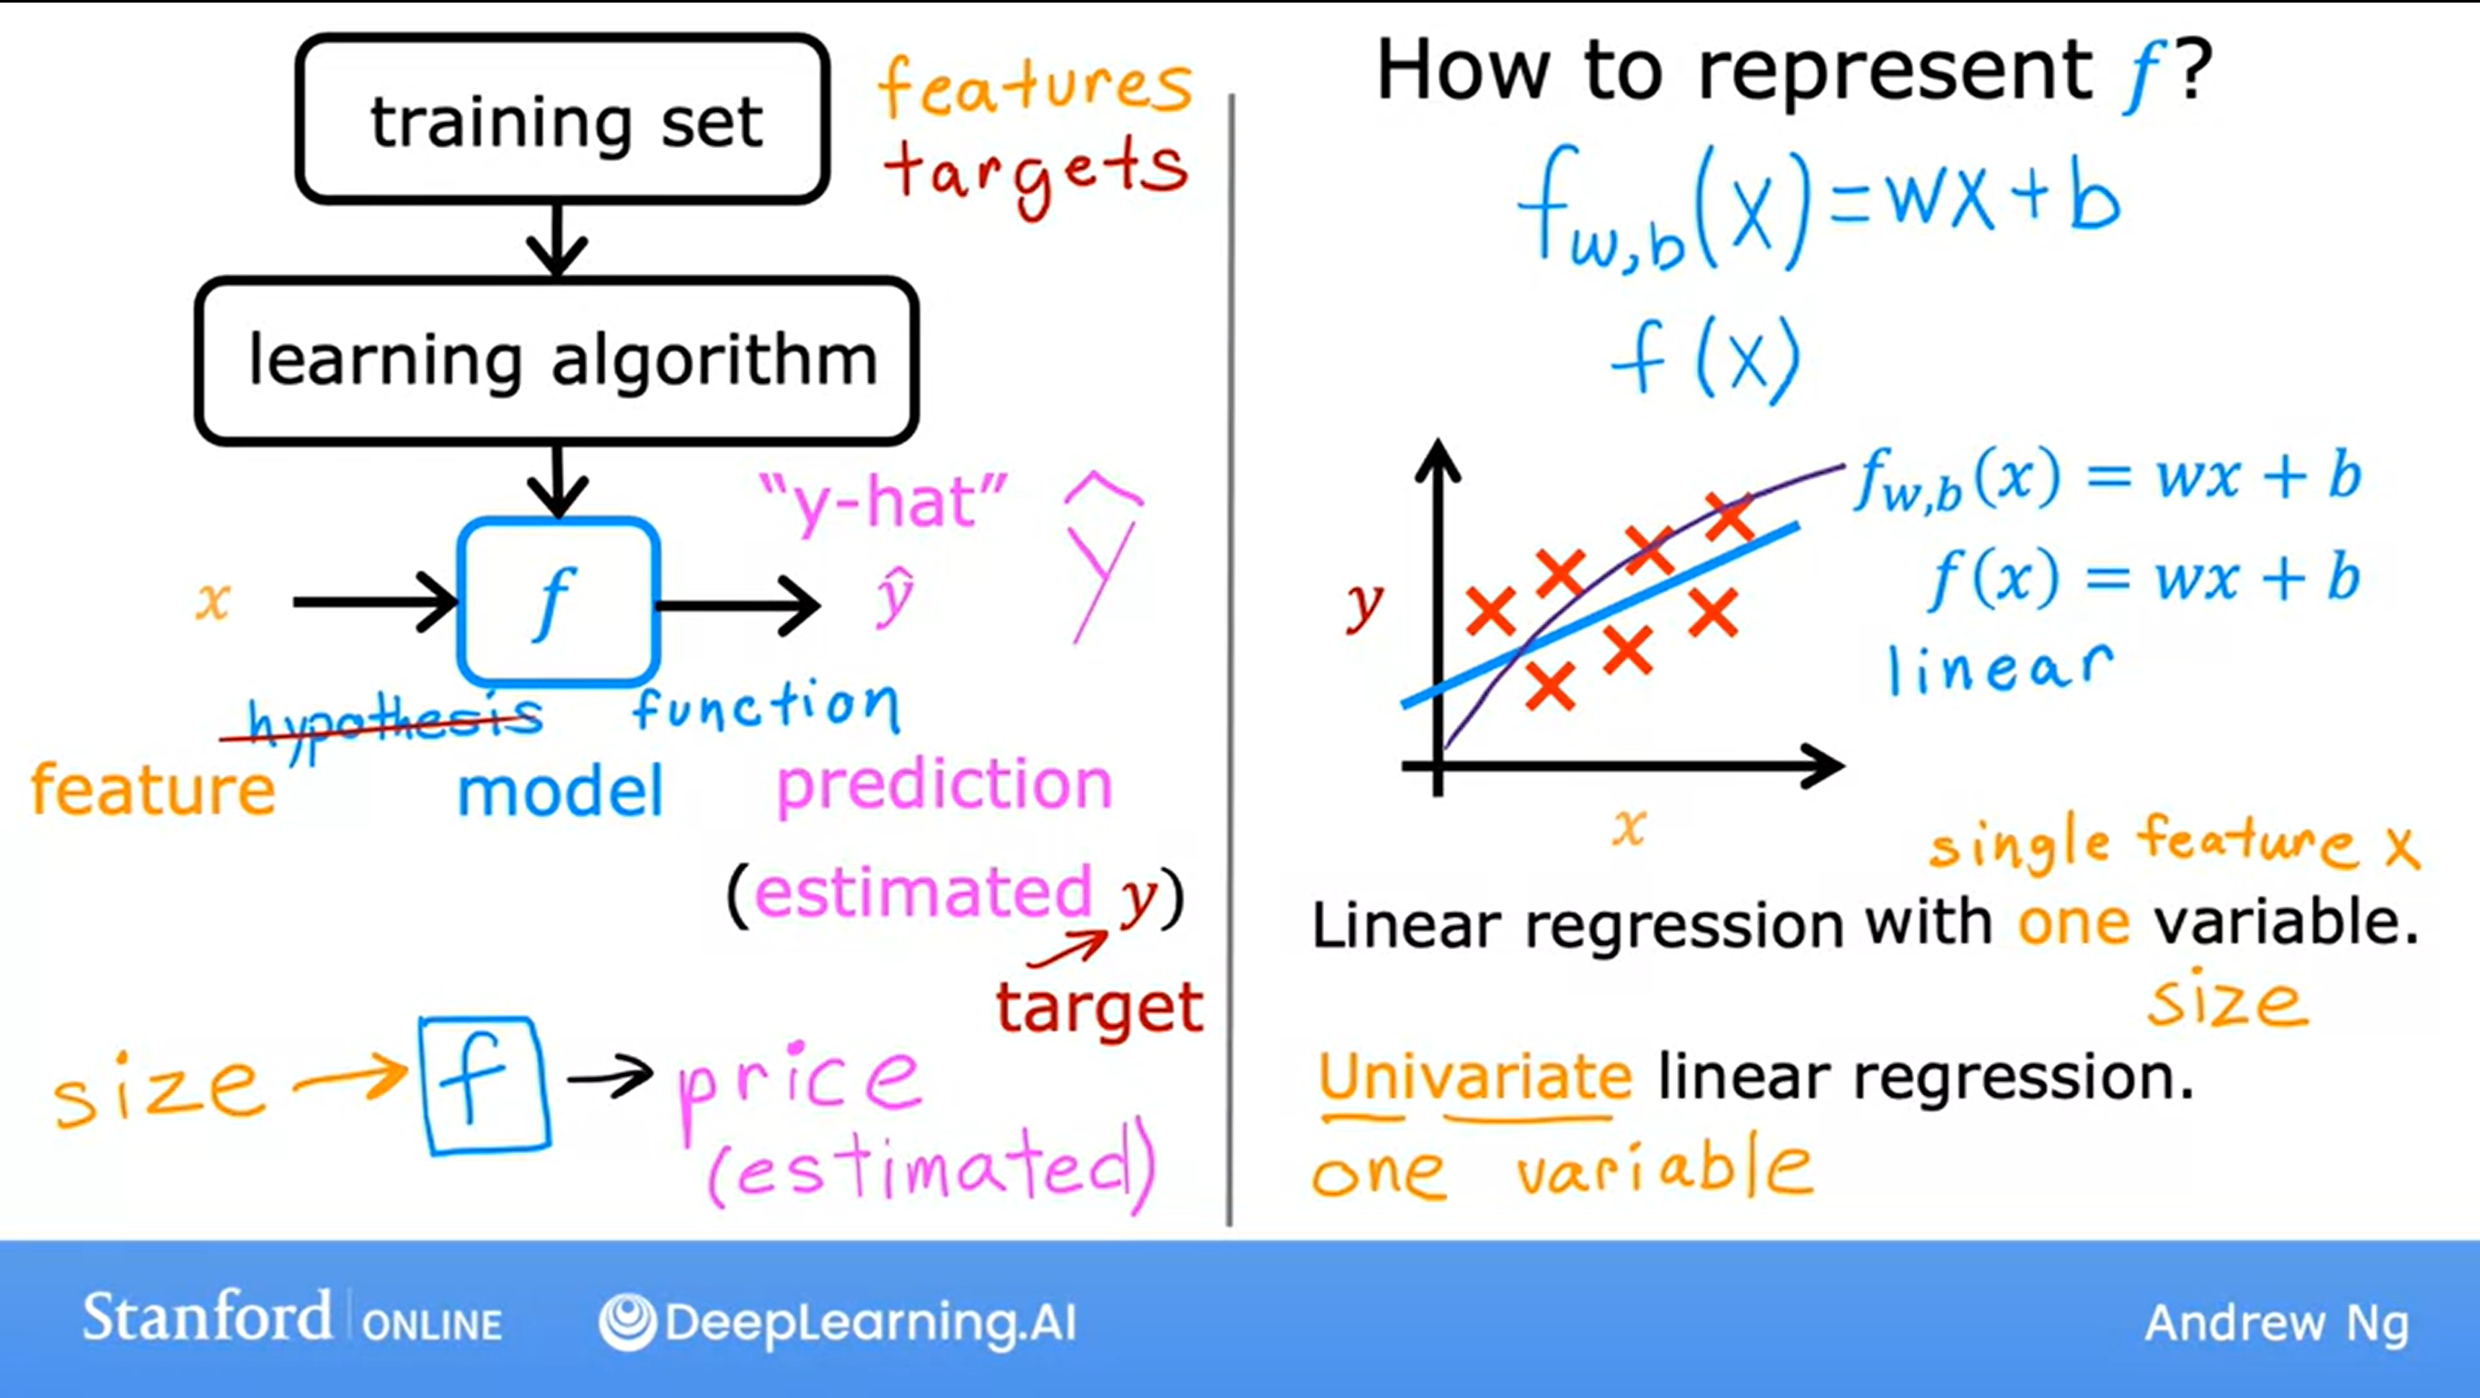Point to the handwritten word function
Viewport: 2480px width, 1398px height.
767,705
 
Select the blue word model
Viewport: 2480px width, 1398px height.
560,791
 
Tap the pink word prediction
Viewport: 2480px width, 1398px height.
944,786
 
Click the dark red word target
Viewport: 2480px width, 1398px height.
1099,1008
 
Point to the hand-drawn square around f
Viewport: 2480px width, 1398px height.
424,1086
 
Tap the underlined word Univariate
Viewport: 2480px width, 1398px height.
1475,1077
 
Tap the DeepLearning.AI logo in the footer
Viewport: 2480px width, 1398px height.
837,1322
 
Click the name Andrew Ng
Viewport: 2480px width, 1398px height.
2277,1324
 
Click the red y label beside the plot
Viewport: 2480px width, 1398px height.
1364,605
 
